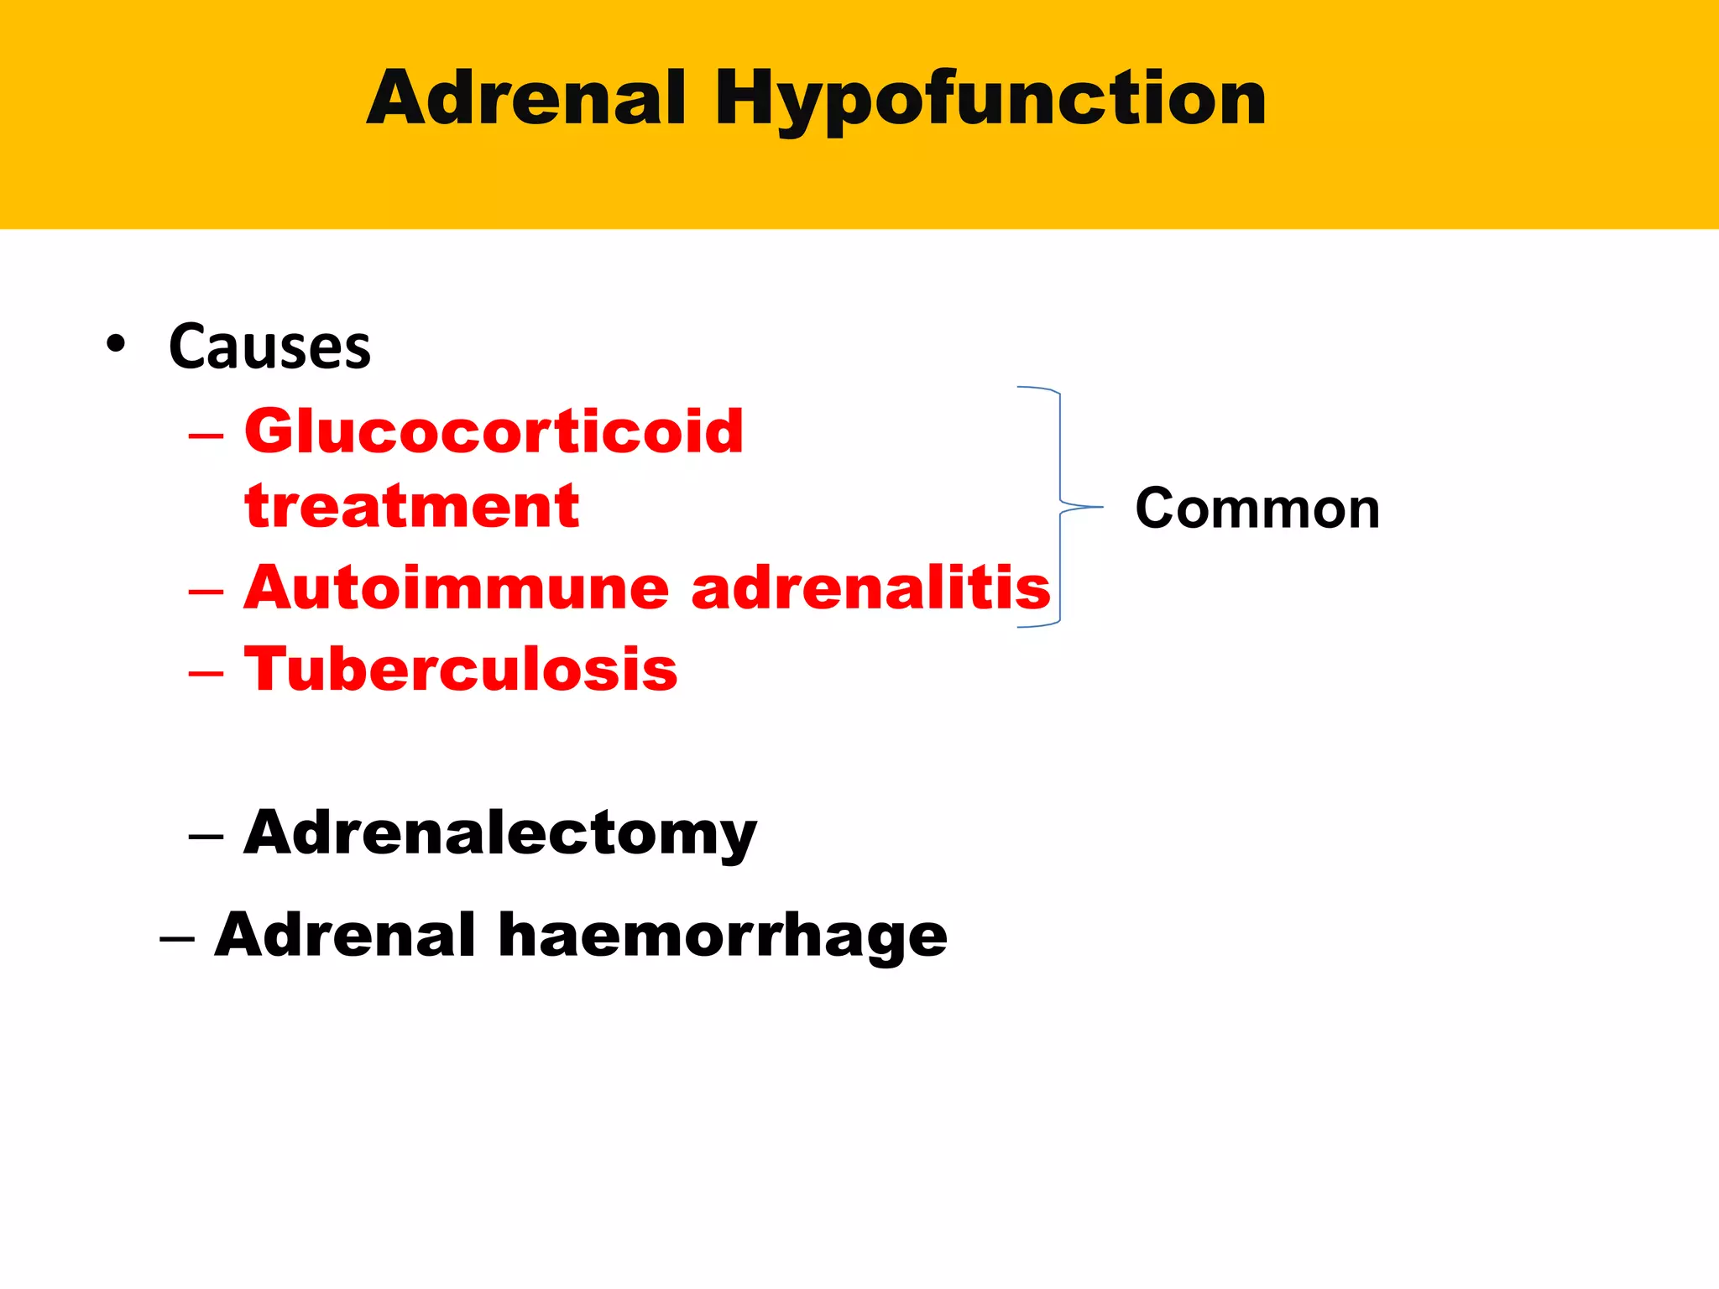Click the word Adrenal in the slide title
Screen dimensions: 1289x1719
[x=526, y=99]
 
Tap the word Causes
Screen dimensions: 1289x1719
[x=269, y=347]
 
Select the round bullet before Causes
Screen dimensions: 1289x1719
[x=116, y=344]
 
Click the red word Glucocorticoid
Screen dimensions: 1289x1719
[x=494, y=431]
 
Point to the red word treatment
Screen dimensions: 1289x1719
[x=411, y=506]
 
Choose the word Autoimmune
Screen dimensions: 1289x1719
[x=457, y=587]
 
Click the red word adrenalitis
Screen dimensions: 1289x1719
[x=870, y=587]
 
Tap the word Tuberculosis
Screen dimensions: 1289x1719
[x=461, y=670]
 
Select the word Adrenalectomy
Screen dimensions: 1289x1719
[x=500, y=833]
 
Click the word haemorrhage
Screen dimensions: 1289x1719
[x=723, y=936]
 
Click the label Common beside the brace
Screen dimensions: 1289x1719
[x=1257, y=509]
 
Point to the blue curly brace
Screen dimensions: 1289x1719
[x=1059, y=507]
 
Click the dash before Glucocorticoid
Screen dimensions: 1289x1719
[x=206, y=436]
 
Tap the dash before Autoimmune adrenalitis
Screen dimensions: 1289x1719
[x=206, y=592]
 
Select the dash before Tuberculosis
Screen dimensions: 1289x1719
[x=206, y=674]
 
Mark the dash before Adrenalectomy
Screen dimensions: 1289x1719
[x=206, y=838]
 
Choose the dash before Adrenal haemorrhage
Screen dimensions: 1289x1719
[x=177, y=939]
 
